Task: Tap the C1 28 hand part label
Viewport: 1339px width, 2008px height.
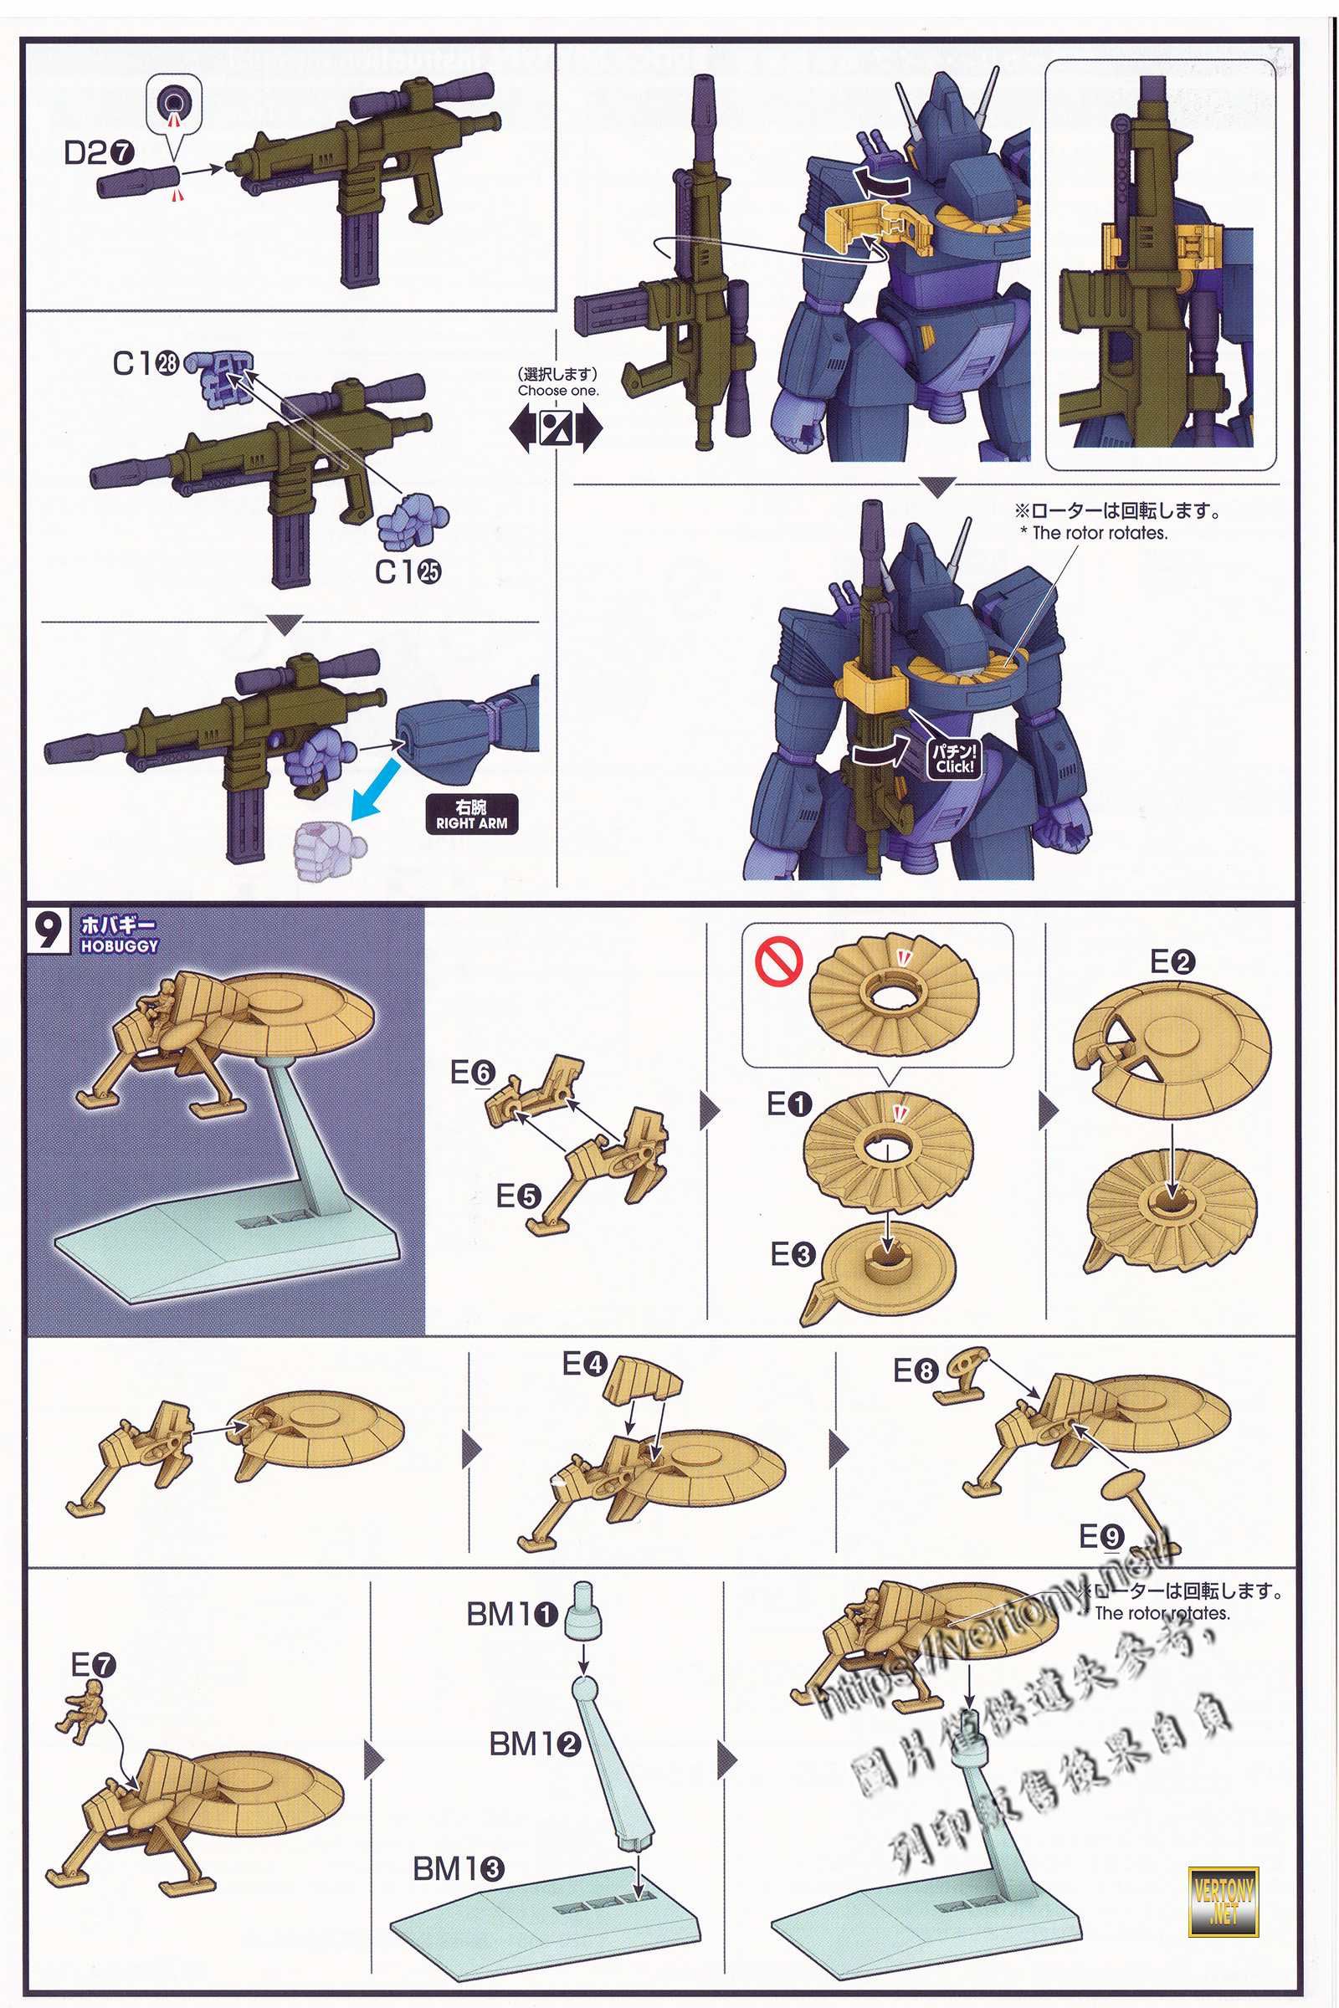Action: (x=145, y=364)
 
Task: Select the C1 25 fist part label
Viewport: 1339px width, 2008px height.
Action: (x=408, y=571)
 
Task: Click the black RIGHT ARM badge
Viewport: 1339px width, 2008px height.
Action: (x=471, y=814)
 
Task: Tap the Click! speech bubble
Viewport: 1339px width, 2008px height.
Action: (x=954, y=758)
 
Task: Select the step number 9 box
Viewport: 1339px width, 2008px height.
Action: (x=49, y=931)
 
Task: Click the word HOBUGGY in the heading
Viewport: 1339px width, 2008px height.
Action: (x=120, y=946)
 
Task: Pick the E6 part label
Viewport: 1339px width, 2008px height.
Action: (x=472, y=1073)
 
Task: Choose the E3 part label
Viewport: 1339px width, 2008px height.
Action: (x=793, y=1254)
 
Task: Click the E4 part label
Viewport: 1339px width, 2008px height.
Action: (x=584, y=1364)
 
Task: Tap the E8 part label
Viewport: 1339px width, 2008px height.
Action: (x=916, y=1371)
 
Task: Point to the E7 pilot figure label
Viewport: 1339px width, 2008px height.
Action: (x=93, y=1664)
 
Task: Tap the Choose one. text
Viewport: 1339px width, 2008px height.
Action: (x=557, y=390)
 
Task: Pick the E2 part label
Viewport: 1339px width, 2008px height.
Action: (x=1172, y=962)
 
